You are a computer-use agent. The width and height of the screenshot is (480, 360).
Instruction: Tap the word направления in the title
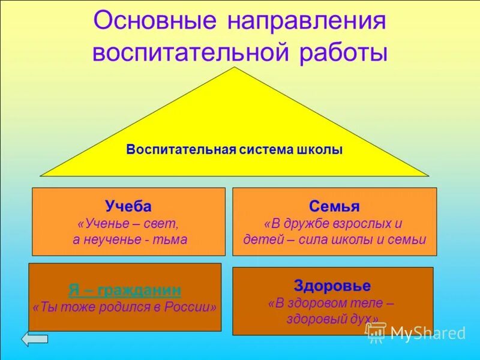(x=306, y=23)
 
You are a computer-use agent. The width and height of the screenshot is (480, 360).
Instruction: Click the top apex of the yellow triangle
(x=235, y=68)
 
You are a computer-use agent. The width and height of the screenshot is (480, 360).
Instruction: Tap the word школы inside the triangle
(x=322, y=150)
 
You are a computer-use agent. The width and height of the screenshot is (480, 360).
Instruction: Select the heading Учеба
(x=128, y=207)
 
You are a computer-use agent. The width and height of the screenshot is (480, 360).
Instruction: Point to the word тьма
(x=172, y=239)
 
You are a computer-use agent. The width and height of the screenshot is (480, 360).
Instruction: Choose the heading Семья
(x=334, y=207)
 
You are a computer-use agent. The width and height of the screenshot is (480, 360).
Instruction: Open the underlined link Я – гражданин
(x=124, y=290)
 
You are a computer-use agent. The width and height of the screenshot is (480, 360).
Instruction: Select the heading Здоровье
(x=332, y=286)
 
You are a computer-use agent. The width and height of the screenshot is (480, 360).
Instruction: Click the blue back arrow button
(x=35, y=339)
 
